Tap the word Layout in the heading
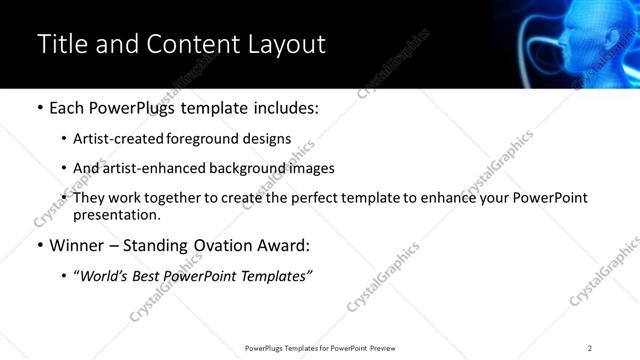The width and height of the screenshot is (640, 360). coord(285,44)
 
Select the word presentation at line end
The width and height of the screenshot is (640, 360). coord(115,214)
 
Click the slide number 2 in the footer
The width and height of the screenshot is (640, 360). coord(590,348)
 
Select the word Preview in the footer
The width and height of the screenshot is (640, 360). coord(387,348)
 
